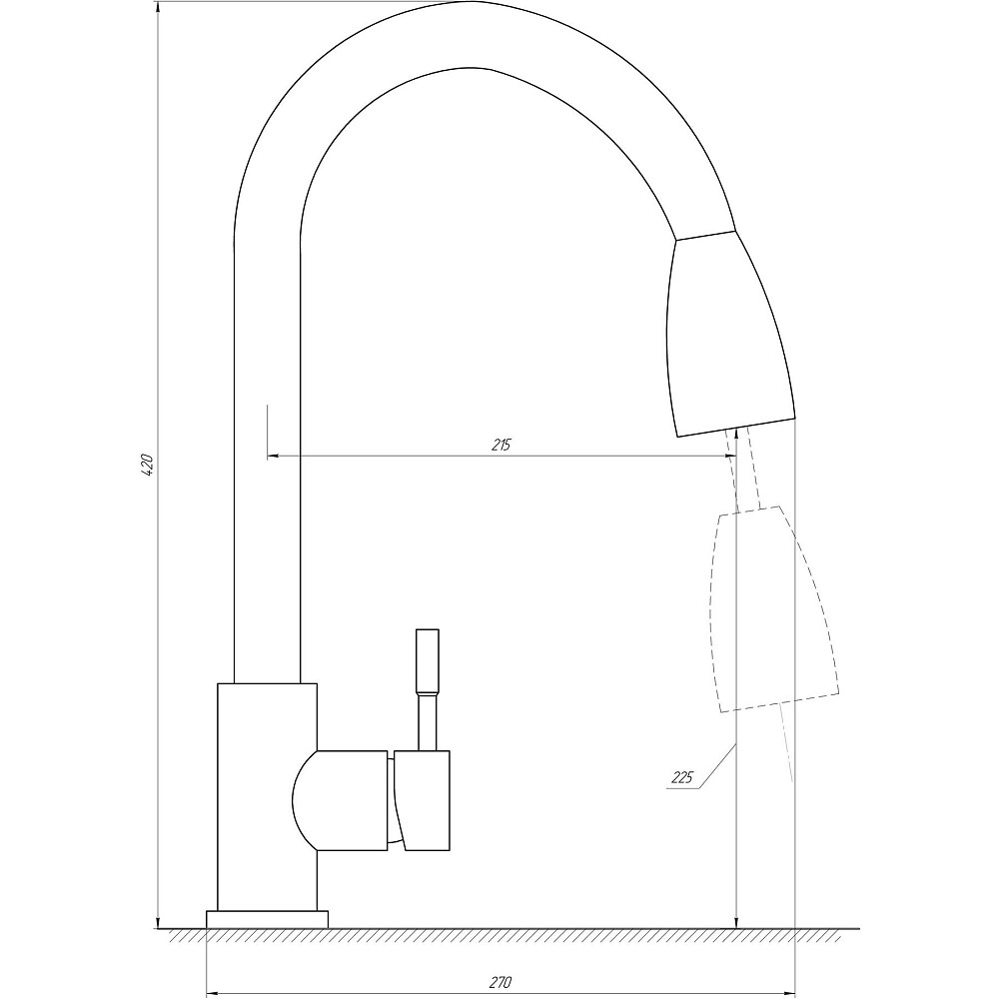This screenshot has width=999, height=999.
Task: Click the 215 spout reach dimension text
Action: pyautogui.click(x=500, y=445)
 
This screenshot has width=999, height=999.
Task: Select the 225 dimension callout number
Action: pyautogui.click(x=682, y=777)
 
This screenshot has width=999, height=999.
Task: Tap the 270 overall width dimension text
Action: pyautogui.click(x=500, y=983)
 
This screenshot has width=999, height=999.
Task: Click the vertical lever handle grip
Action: pyautogui.click(x=427, y=661)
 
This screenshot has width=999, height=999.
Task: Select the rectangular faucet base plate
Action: pyautogui.click(x=267, y=919)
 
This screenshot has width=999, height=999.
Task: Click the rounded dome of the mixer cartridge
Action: pyautogui.click(x=305, y=800)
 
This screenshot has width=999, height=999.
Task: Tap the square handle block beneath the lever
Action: pyautogui.click(x=424, y=799)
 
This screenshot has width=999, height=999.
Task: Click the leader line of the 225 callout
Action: pyautogui.click(x=715, y=767)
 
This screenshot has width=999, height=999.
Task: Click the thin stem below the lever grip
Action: pyautogui.click(x=427, y=721)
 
